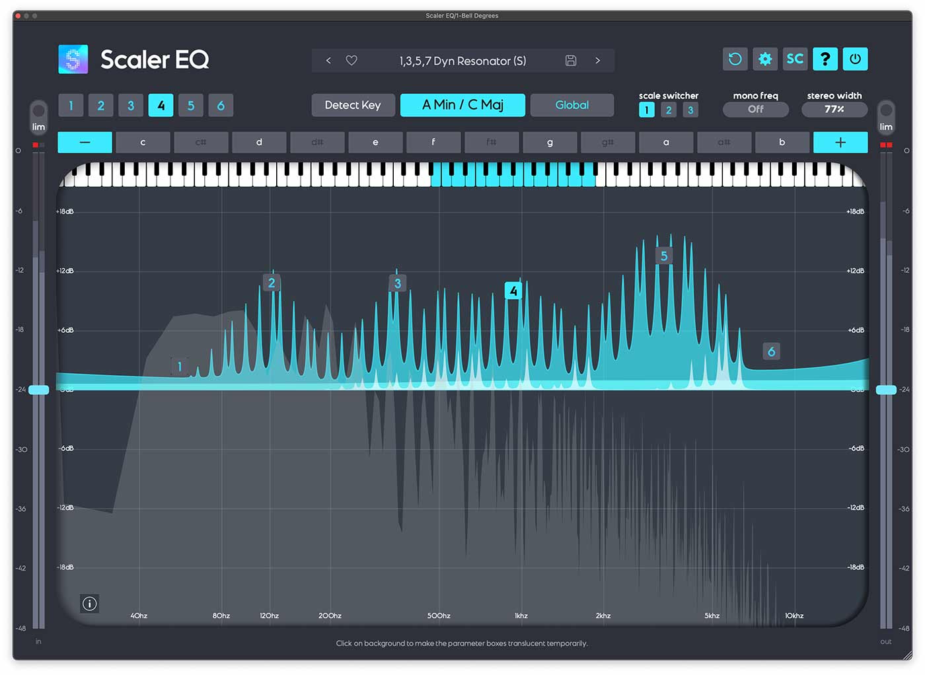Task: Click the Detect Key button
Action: [x=353, y=105]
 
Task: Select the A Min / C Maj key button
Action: [x=462, y=105]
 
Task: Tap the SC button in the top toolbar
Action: [x=795, y=59]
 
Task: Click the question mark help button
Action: [x=825, y=59]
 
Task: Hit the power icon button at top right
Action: [x=855, y=59]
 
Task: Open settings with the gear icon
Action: [x=765, y=59]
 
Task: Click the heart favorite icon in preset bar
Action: [x=351, y=61]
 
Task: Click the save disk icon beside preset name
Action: [x=571, y=61]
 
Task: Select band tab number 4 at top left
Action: [x=161, y=106]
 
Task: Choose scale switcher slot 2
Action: [x=669, y=110]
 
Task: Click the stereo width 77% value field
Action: [x=834, y=110]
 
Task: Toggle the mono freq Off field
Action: [x=755, y=110]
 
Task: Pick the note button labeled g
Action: [x=550, y=142]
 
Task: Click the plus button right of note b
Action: [x=840, y=142]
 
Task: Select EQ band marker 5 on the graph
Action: [x=664, y=256]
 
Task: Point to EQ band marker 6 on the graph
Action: [x=771, y=351]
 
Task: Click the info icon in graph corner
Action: [x=90, y=603]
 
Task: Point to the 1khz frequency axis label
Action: [x=521, y=616]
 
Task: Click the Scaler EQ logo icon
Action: [x=73, y=59]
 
